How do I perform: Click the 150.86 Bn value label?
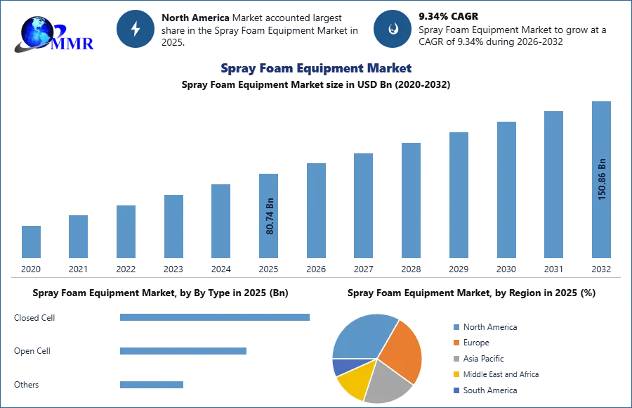coord(602,179)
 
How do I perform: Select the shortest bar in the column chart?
coord(31,242)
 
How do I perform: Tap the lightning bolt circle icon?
coord(136,29)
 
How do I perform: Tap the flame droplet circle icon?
coord(392,29)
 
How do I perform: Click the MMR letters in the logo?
coord(73,44)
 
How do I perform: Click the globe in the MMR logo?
coord(37,31)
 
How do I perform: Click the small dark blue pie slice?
coord(341,366)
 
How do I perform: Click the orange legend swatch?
coord(456,343)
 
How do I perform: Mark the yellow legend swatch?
coord(456,374)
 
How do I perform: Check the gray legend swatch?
coord(456,359)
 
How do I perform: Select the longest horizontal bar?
coord(216,316)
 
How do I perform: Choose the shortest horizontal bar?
coord(151,383)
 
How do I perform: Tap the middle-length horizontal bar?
coord(183,349)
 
